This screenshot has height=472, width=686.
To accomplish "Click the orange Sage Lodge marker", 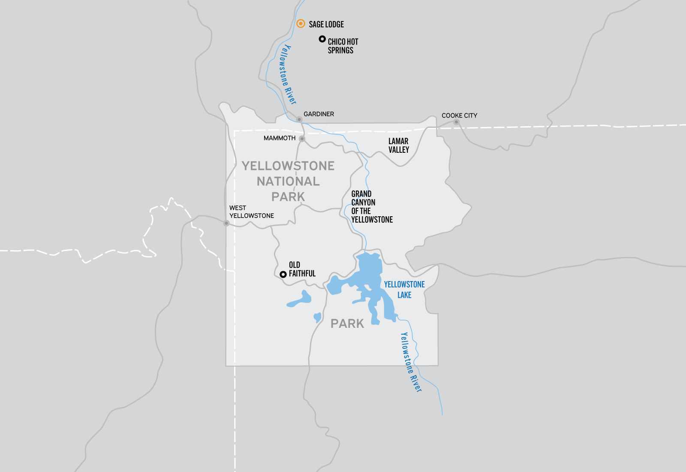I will coord(301,24).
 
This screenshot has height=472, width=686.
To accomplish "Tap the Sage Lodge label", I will coord(326,24).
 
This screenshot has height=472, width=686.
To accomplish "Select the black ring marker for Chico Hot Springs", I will coord(322,39).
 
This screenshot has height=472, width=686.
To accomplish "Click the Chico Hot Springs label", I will coord(343,46).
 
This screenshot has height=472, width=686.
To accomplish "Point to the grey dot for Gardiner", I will coord(299,119).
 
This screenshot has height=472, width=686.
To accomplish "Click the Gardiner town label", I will coord(319,114).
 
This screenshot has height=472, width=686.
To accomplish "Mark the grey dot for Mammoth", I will coord(302,139).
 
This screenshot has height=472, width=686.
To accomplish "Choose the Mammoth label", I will coord(280,138).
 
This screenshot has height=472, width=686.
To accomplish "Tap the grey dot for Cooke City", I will coord(456,122).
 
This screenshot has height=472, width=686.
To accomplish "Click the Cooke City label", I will coord(459,115).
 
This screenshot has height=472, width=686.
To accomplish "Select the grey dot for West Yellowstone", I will coord(226,223).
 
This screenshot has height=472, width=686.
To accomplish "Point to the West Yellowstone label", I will coord(251,212).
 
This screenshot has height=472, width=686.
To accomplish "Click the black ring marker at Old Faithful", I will coord(283,275).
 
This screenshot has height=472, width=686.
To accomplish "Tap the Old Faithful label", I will coord(302,269).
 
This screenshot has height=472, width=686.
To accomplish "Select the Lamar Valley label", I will coord(399,145).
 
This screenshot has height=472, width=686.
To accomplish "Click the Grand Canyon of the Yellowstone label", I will coord(372,207).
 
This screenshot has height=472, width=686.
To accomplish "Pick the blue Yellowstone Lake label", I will coord(404,290).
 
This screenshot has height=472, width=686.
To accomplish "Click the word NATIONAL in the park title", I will coord(288,182).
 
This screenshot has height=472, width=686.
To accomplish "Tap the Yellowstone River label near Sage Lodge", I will coord(287,74).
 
